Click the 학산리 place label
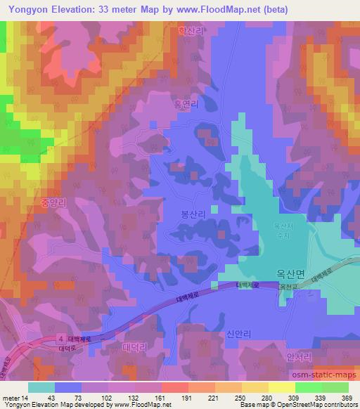pos(190,32)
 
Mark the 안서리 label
pos(298,357)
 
